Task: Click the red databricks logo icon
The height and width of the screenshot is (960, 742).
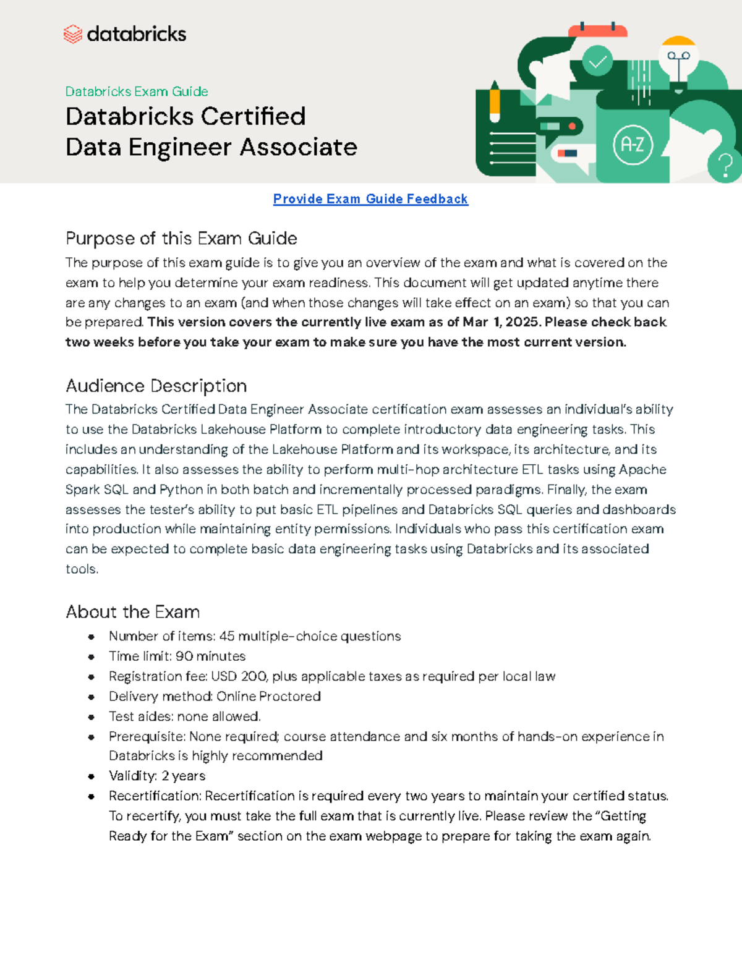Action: point(73,34)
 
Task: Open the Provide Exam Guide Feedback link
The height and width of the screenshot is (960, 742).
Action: point(370,199)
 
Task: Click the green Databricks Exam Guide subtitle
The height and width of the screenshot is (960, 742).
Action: point(137,91)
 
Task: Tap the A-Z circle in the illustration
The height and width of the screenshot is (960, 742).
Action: point(633,145)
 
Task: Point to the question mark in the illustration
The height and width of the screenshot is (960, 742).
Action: point(726,165)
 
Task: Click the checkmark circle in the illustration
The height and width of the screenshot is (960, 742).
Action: point(597,61)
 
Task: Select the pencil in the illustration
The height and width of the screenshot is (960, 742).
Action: point(495,102)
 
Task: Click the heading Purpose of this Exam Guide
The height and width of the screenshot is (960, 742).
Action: point(181,239)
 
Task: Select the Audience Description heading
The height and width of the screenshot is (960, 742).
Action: point(156,386)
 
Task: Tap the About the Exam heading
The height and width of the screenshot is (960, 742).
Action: point(132,612)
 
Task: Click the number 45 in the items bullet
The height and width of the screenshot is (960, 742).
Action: point(227,636)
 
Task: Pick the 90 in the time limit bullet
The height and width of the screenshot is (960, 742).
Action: point(184,656)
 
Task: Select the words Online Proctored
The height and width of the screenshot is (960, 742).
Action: point(268,696)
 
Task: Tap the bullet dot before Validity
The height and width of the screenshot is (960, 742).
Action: point(92,776)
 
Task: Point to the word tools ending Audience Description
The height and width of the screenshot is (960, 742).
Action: point(81,569)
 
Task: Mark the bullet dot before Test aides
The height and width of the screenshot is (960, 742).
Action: point(92,717)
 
